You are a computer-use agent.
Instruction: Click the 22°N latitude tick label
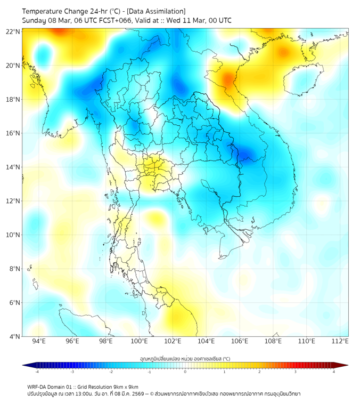(13, 31)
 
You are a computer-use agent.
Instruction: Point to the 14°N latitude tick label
(13, 167)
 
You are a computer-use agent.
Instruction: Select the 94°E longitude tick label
(39, 341)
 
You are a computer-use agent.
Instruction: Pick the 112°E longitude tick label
(340, 341)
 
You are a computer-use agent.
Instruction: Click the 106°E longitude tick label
(240, 341)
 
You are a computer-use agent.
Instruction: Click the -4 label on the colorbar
(37, 372)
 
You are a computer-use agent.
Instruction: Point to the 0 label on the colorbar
(185, 372)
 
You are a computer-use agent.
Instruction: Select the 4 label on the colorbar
(333, 372)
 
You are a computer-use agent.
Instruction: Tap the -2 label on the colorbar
(111, 372)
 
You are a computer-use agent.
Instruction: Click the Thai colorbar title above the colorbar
(185, 358)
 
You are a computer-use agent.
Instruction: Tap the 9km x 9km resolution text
(124, 386)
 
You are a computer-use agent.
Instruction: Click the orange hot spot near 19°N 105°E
(228, 80)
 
